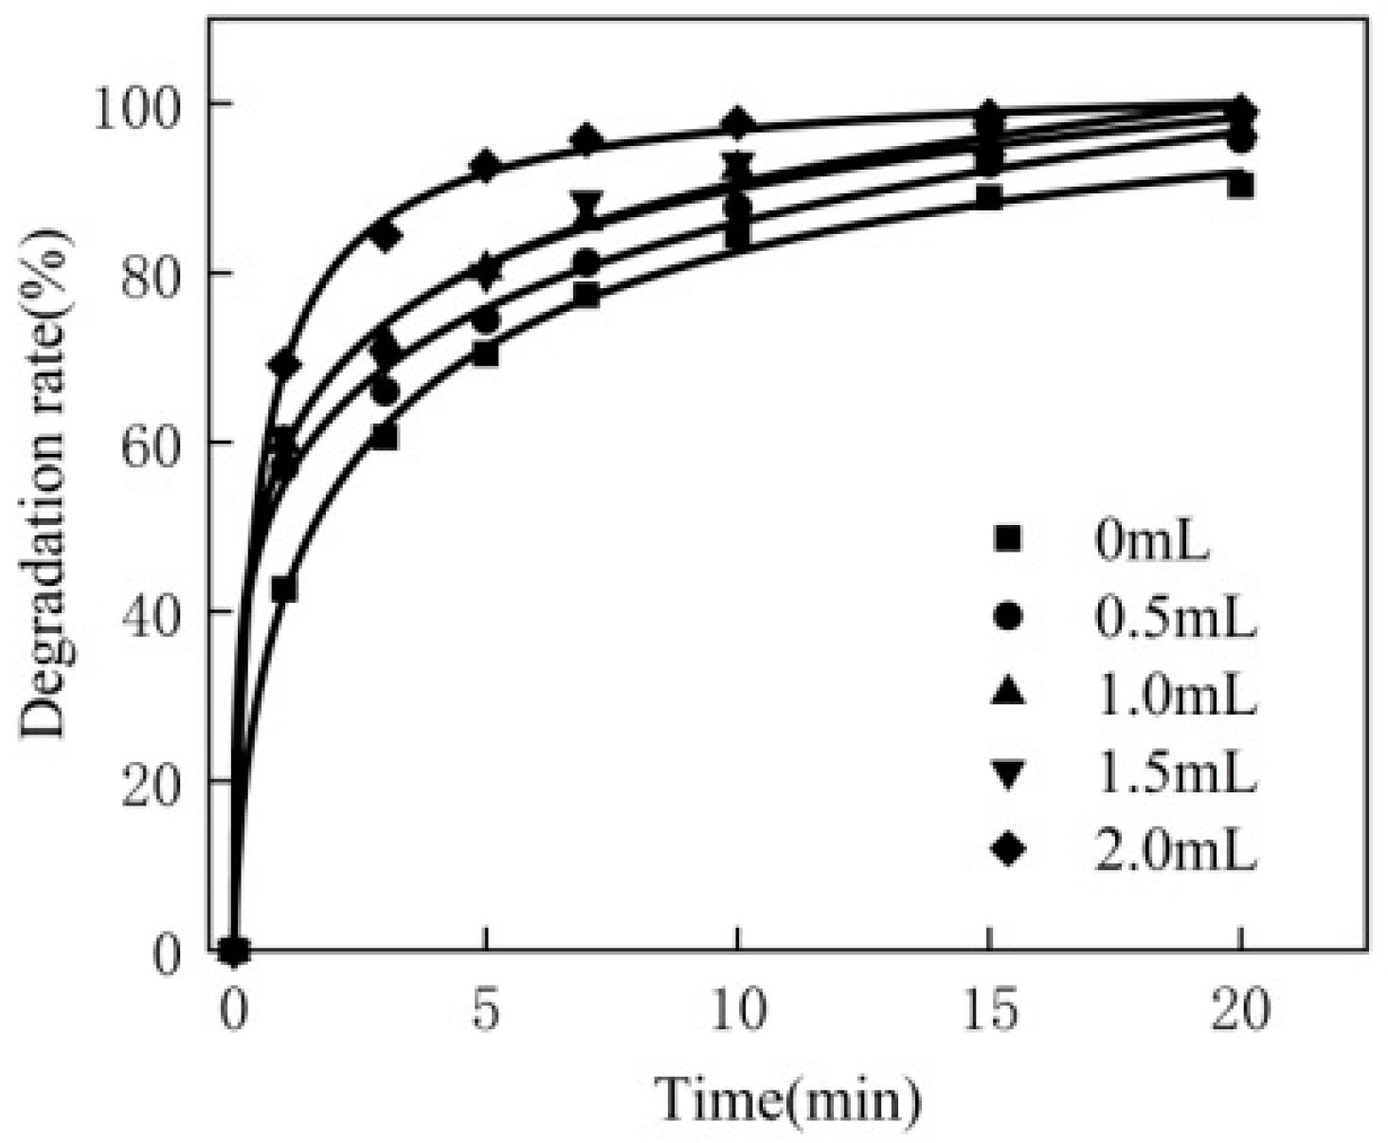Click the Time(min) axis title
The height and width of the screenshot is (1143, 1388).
click(788, 1099)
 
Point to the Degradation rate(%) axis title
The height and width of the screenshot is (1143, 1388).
click(47, 483)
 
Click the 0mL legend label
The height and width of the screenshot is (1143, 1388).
click(1152, 543)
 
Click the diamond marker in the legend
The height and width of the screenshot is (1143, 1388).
click(1009, 851)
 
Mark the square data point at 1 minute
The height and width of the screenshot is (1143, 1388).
click(283, 590)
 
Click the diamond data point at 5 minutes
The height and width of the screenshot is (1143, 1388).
click(485, 167)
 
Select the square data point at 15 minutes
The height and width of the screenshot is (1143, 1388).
click(989, 198)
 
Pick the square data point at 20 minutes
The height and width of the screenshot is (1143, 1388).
click(1241, 185)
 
